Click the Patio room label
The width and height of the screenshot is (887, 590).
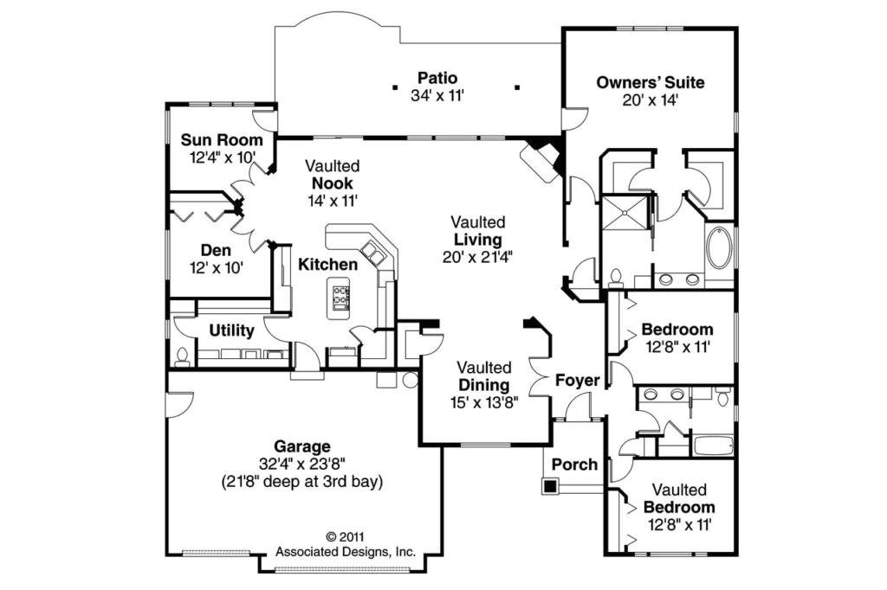437,78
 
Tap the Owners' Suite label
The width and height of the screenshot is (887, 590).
650,83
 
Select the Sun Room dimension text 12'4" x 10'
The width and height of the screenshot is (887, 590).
221,158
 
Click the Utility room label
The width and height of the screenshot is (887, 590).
231,330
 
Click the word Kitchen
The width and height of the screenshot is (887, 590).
328,264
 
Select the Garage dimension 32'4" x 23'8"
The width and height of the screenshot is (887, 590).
302,463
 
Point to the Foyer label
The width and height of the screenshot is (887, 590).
577,381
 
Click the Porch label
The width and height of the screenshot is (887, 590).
574,465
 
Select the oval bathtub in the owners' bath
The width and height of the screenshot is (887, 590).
719,249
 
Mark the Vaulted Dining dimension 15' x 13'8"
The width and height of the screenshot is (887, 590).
484,401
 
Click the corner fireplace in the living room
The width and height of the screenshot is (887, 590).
541,159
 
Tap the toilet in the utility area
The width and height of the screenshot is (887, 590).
182,356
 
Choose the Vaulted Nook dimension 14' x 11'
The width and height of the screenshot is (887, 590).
333,199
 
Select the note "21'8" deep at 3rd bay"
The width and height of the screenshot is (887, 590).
302,480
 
